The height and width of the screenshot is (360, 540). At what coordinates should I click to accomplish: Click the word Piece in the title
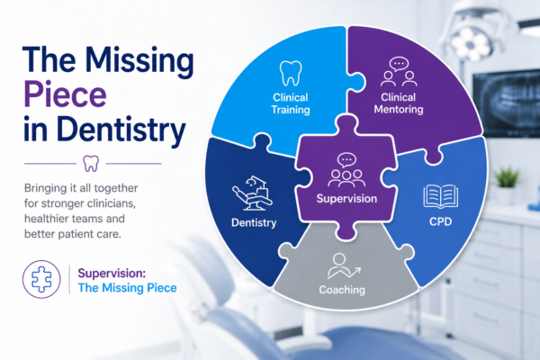click(65, 94)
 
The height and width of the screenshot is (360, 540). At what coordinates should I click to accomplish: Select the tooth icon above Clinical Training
click(291, 74)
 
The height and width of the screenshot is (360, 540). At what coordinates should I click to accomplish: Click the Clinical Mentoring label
click(399, 103)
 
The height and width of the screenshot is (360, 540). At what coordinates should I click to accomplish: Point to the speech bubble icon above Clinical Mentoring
click(399, 65)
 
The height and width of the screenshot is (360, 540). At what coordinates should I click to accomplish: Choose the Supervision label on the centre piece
click(346, 198)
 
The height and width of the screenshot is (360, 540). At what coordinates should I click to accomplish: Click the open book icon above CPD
click(440, 196)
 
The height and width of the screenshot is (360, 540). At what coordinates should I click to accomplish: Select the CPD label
click(440, 221)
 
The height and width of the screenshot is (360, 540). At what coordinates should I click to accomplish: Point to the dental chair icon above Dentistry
click(252, 193)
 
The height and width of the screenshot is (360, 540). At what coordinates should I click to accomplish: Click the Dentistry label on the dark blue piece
click(254, 223)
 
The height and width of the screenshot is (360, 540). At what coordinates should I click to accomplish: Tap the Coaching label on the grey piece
click(342, 290)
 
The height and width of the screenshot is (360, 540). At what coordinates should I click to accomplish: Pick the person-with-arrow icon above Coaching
click(344, 266)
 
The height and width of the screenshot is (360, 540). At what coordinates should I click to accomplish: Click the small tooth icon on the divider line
click(91, 163)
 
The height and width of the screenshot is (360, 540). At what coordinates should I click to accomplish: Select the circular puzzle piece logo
click(41, 279)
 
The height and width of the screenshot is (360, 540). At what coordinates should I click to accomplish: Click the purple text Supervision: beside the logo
click(112, 274)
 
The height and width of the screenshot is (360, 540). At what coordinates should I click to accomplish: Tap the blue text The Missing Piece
click(127, 288)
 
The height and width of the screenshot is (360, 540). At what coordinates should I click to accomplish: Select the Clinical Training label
click(291, 103)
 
